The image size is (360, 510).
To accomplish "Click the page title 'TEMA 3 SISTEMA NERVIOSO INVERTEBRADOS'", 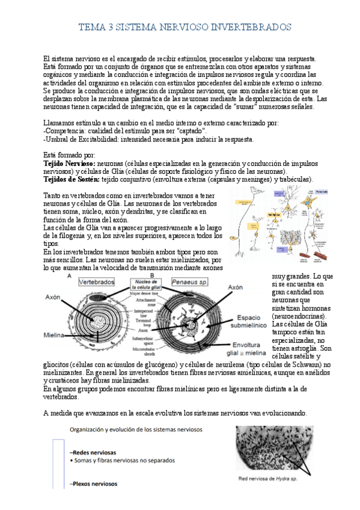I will click(x=185, y=28).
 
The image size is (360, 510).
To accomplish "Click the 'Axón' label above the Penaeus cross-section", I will click(x=236, y=287).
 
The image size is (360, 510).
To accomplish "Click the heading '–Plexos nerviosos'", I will click(x=94, y=483).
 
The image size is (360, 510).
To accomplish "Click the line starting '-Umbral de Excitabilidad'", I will click(x=140, y=138).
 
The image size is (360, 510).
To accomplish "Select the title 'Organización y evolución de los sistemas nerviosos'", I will click(x=136, y=430).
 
